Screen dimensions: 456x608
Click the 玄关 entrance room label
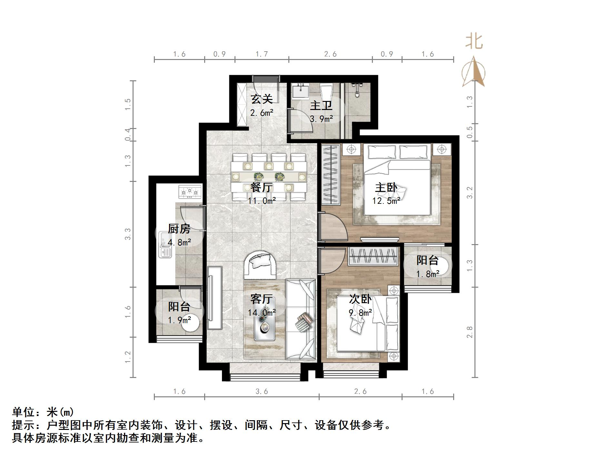click(262, 99)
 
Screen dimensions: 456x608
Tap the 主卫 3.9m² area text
click(321, 119)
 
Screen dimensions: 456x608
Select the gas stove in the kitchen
click(190, 192)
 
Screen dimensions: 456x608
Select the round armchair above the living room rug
click(260, 265)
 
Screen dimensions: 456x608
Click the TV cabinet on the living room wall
click(214, 297)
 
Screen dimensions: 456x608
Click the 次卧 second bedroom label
click(360, 299)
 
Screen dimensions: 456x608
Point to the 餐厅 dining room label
click(262, 187)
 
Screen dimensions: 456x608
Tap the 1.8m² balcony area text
click(427, 274)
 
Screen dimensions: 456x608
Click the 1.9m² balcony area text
click(179, 320)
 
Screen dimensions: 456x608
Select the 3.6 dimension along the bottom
click(262, 392)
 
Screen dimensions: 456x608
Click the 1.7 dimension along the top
click(262, 54)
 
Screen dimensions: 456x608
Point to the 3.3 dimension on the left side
click(128, 234)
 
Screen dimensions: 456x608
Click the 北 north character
click(474, 42)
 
